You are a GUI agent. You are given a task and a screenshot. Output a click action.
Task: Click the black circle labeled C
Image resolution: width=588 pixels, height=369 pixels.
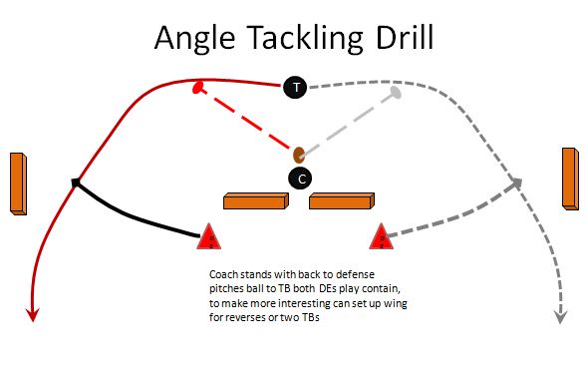[x=300, y=179]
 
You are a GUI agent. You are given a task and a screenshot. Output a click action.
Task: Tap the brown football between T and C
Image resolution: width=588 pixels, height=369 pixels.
[x=298, y=155]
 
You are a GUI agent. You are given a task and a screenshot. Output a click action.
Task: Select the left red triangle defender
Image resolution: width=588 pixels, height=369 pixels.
[x=209, y=236]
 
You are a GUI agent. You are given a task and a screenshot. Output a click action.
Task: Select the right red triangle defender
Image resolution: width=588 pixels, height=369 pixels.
[x=380, y=237]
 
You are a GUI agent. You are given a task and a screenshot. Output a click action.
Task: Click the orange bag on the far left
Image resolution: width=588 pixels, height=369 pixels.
[x=18, y=184]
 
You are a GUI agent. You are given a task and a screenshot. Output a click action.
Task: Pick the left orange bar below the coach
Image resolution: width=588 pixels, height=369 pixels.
[x=256, y=202]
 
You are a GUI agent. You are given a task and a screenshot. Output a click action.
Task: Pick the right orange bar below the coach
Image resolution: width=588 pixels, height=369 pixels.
[x=341, y=202]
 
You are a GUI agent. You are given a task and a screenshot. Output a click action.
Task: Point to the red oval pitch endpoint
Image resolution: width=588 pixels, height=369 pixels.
[x=198, y=88]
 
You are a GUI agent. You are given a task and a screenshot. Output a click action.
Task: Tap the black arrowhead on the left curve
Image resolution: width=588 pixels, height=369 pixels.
[x=76, y=183]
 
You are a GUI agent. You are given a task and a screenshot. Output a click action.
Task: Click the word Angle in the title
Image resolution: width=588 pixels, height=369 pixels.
[x=195, y=40]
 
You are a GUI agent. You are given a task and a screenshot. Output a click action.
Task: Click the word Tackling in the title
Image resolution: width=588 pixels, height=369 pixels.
[x=304, y=40]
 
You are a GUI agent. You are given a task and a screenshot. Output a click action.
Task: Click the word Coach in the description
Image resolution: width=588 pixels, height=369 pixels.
[x=223, y=273]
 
